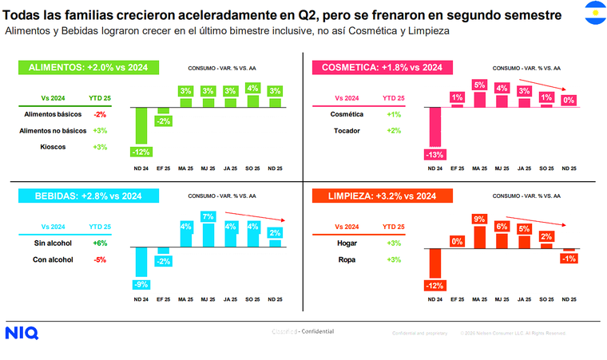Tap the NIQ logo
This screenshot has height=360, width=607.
coord(21,333)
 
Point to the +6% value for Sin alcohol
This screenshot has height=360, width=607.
coord(100,243)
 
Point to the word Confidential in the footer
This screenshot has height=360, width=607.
coord(317,331)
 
